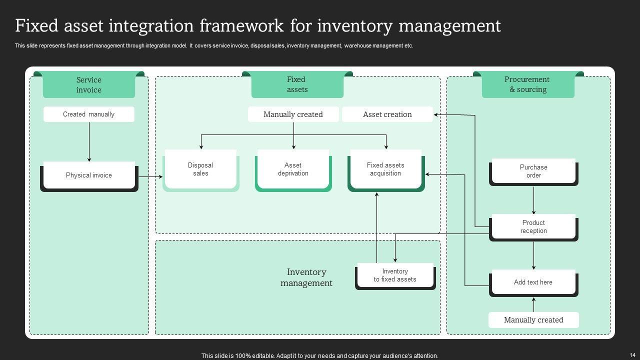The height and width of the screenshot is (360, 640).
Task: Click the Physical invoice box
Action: click(89, 175)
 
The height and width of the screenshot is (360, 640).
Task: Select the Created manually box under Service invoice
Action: click(89, 114)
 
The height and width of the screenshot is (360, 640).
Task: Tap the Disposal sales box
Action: click(200, 169)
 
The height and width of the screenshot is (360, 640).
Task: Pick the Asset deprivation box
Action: click(293, 169)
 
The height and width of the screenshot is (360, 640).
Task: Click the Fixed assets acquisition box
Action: click(385, 169)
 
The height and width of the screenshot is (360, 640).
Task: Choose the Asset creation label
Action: click(387, 114)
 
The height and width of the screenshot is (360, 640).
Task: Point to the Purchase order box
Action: click(533, 171)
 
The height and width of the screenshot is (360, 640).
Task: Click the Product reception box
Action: click(533, 227)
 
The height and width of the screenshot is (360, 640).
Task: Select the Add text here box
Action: click(533, 282)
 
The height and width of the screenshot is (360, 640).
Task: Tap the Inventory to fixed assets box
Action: click(395, 275)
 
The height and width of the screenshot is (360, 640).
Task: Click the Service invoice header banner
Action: click(89, 85)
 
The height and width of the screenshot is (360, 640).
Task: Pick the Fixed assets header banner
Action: click(297, 84)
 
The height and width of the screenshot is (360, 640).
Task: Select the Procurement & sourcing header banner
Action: click(528, 84)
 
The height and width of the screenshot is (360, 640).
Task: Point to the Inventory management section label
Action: click(306, 277)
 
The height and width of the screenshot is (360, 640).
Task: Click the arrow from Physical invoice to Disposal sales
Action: click(150, 176)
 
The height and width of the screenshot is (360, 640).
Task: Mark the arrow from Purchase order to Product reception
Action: click(533, 200)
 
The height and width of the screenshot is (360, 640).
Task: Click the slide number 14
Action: click(632, 355)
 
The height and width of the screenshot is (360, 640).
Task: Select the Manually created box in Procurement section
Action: click(533, 320)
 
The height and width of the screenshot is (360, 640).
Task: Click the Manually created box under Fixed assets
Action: click(293, 114)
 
